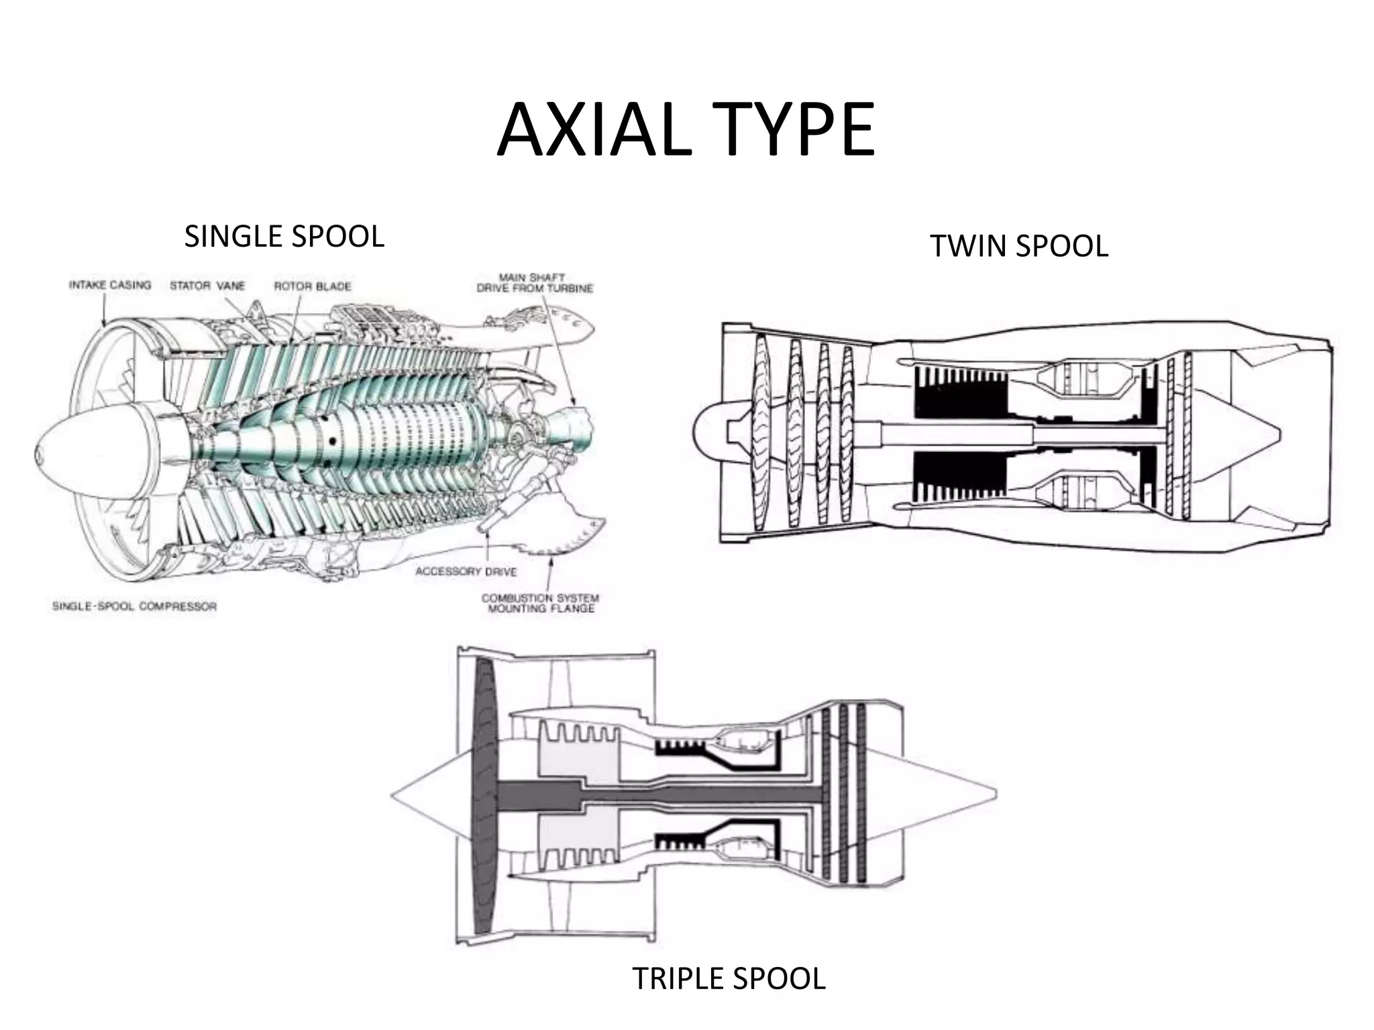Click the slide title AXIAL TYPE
tap(686, 130)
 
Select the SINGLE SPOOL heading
tap(284, 237)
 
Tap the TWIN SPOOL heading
tap(1018, 246)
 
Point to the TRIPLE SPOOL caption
tap(728, 978)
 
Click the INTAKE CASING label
tap(110, 285)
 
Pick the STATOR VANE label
tap(207, 286)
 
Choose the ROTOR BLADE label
tap(313, 286)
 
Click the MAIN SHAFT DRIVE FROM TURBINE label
tap(534, 283)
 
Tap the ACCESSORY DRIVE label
tap(466, 571)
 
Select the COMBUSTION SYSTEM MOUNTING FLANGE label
tap(540, 603)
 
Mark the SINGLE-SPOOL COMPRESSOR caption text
tap(134, 606)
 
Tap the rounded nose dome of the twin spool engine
tap(708, 433)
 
